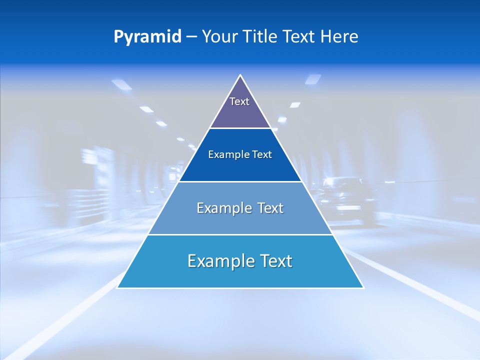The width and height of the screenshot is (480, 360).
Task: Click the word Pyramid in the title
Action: pyautogui.click(x=147, y=37)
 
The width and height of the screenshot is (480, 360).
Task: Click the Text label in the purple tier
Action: pyautogui.click(x=239, y=101)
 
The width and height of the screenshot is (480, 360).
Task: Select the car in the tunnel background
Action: pyautogui.click(x=347, y=200)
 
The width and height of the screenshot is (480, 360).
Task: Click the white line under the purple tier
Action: pyautogui.click(x=240, y=128)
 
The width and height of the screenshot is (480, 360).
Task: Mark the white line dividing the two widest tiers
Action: pyautogui.click(x=240, y=234)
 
